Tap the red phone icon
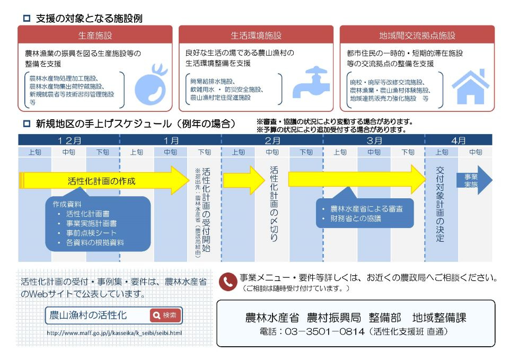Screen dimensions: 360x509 tap(227, 282)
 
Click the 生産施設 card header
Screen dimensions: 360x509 tap(95, 36)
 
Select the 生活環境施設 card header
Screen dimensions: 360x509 tap(256, 36)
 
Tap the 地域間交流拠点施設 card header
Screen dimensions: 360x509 tap(417, 36)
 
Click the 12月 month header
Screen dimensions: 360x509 tap(69, 140)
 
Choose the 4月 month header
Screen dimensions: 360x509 tap(459, 140)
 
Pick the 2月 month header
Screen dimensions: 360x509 tap(272, 140)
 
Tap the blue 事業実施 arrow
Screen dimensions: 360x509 tap(472, 180)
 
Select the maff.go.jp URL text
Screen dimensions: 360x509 tap(114, 333)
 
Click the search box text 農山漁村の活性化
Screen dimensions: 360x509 tap(88, 315)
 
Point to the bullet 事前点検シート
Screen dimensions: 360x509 tap(91, 233)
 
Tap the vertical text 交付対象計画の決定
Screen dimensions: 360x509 tap(440, 204)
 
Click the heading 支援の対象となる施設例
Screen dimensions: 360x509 tap(89, 18)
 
